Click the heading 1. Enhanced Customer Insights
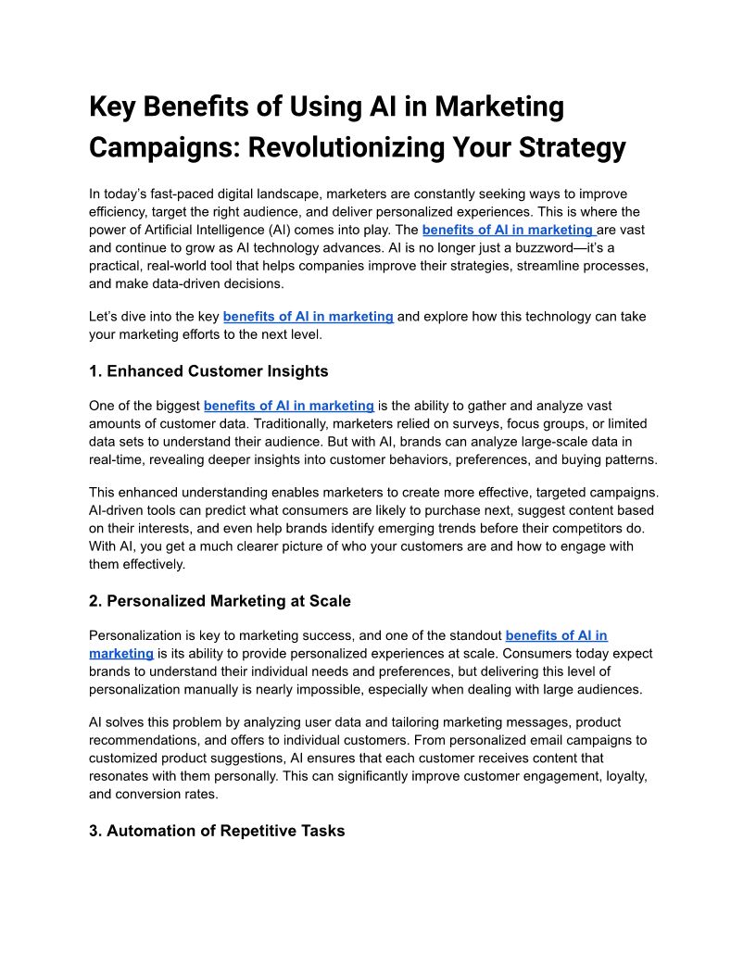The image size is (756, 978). [x=208, y=371]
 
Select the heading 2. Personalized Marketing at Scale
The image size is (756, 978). [x=220, y=601]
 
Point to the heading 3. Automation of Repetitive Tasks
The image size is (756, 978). [x=217, y=831]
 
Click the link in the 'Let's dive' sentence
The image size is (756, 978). [x=308, y=317]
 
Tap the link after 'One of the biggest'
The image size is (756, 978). [x=288, y=406]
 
